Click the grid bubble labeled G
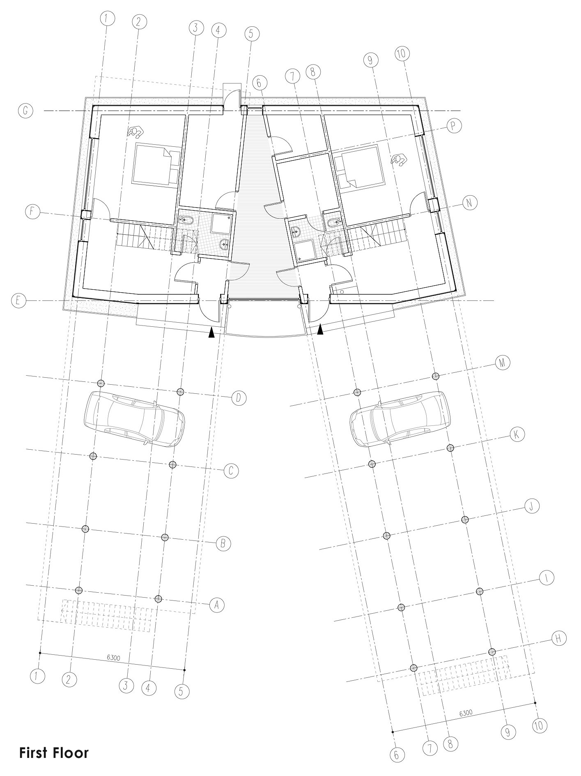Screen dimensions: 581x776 click(x=25, y=111)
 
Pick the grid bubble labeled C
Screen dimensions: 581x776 click(x=231, y=471)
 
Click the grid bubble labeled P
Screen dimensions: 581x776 click(x=453, y=126)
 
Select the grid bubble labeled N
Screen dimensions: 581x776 click(x=470, y=202)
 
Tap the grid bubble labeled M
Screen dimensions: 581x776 click(x=502, y=363)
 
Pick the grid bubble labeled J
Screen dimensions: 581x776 click(x=531, y=506)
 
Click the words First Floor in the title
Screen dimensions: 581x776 click(x=54, y=753)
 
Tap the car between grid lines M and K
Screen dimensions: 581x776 click(x=398, y=419)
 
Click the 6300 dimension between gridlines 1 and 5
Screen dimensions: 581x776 click(x=113, y=657)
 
